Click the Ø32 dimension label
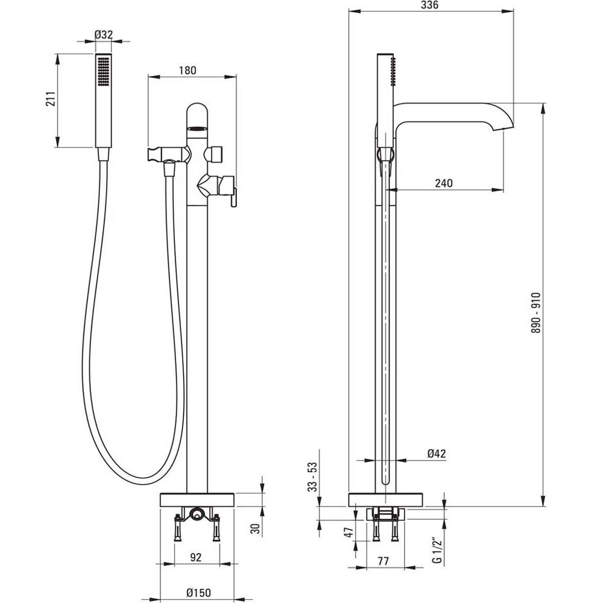tap(104, 34)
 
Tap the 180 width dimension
tap(188, 70)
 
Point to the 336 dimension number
tap(429, 5)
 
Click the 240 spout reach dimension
tap(443, 183)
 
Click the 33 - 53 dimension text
tap(312, 477)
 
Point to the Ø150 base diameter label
tap(198, 592)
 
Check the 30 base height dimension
tap(255, 528)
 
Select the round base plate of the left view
tap(197, 500)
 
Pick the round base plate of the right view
tap(386, 500)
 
